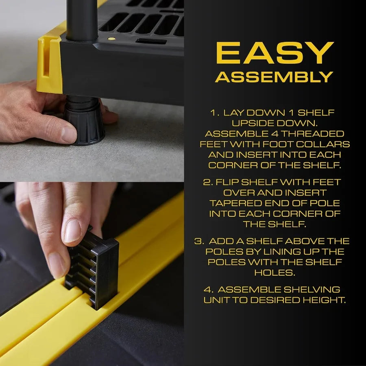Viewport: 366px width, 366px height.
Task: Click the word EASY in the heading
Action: tap(274, 53)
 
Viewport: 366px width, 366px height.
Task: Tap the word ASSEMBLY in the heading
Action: tap(274, 76)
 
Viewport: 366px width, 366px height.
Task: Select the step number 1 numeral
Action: tap(214, 113)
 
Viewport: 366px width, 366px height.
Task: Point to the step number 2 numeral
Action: tap(206, 182)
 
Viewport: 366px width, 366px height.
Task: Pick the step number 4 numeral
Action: tap(207, 290)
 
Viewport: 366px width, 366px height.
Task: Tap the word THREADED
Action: tap(314, 134)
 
